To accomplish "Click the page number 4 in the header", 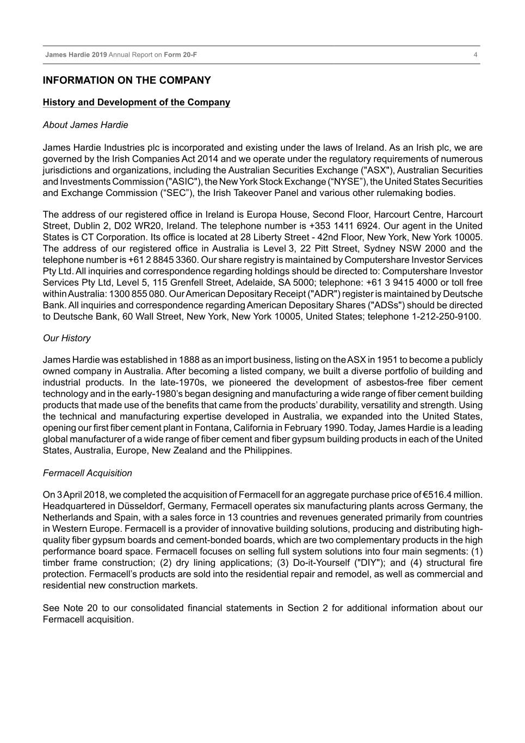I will [475, 55].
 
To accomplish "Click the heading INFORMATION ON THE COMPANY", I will [127, 81].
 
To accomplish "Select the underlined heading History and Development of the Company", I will [137, 102].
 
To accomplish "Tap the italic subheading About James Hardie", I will [85, 125].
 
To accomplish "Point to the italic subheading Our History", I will [67, 338].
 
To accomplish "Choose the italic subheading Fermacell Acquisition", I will [88, 473].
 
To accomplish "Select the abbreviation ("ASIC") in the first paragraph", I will [184, 182].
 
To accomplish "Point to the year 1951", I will [386, 360].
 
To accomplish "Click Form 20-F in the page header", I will [181, 55].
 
